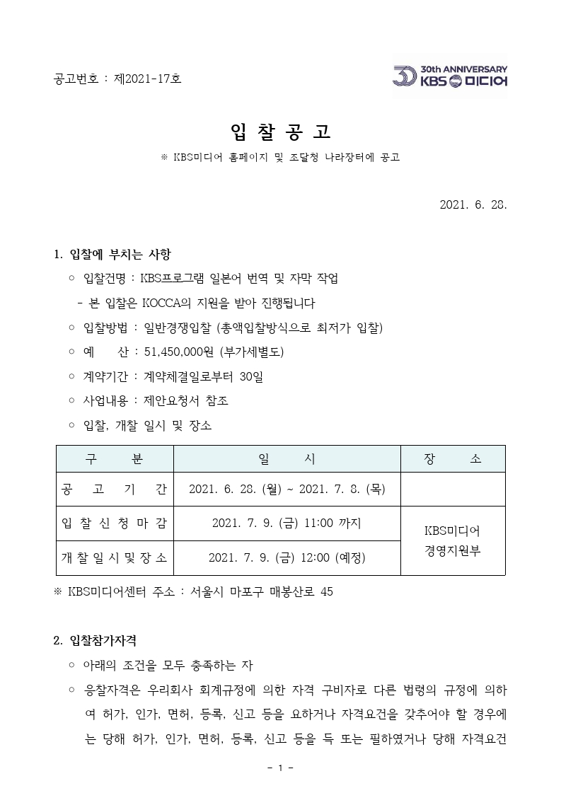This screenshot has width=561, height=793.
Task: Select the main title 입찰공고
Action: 281,132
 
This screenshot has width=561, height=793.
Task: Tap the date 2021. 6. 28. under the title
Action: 473,204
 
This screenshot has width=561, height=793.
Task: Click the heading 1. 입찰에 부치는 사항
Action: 112,254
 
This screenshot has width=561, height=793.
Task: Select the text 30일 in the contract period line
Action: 251,376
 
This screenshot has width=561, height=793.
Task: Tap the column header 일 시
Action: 287,458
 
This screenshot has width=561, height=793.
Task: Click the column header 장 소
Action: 453,458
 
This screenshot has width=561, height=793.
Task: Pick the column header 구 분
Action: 115,458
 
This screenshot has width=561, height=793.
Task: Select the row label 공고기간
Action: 115,490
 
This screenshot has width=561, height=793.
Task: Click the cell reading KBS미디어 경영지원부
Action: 453,540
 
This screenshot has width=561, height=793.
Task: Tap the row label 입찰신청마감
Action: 115,523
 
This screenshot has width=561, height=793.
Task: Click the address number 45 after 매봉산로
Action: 326,591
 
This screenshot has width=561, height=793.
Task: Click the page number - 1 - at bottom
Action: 280,768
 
